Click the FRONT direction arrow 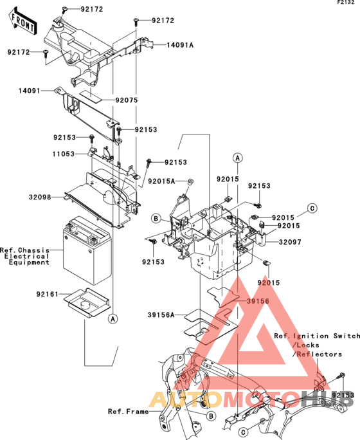point(22,22)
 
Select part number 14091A point(180,45)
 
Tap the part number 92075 point(127,100)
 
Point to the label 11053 point(64,154)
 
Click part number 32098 point(40,197)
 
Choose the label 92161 point(47,295)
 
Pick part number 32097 point(290,242)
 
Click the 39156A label point(161,315)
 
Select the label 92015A point(161,181)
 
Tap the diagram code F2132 point(346,3)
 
